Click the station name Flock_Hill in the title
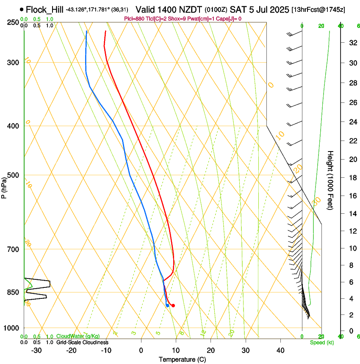(44, 9)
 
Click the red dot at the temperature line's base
(173, 306)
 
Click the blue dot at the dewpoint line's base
(168, 305)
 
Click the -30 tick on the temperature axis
(36, 350)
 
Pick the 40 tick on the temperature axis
(280, 350)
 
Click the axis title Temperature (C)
(182, 359)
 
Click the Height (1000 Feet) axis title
(330, 180)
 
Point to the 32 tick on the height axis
(352, 42)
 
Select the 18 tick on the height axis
(352, 178)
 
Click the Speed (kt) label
(322, 342)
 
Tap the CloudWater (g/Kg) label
(78, 336)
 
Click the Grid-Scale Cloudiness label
(82, 342)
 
